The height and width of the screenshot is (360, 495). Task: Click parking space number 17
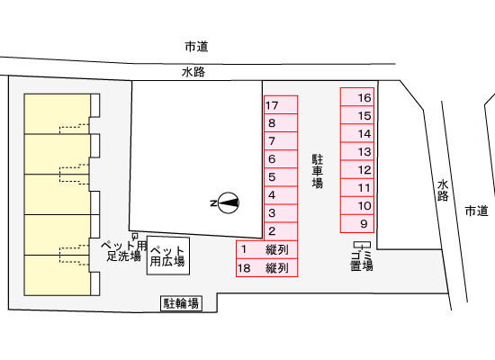click(281, 104)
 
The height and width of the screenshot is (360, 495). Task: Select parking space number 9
click(357, 224)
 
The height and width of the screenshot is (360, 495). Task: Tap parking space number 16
click(357, 97)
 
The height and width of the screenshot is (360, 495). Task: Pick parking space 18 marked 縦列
click(267, 268)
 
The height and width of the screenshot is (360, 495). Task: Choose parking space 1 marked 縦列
click(267, 250)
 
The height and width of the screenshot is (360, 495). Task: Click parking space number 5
click(281, 177)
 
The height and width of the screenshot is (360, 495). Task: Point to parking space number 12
click(357, 170)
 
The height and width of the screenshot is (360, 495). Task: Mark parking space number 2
click(281, 231)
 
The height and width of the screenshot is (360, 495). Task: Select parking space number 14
click(357, 133)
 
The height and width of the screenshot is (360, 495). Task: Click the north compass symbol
click(226, 202)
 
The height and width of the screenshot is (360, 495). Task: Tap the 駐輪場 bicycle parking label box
click(181, 303)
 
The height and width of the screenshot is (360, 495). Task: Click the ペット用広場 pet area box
click(168, 256)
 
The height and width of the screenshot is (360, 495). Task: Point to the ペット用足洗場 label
click(124, 251)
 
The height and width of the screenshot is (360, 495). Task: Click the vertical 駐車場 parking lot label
click(318, 171)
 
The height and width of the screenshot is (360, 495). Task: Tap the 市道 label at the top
click(197, 47)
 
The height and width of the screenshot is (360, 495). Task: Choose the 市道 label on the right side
click(477, 211)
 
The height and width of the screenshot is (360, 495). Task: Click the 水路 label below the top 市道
click(193, 72)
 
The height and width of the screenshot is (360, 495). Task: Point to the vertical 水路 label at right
click(443, 191)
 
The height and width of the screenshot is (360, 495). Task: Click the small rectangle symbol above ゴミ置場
click(362, 245)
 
